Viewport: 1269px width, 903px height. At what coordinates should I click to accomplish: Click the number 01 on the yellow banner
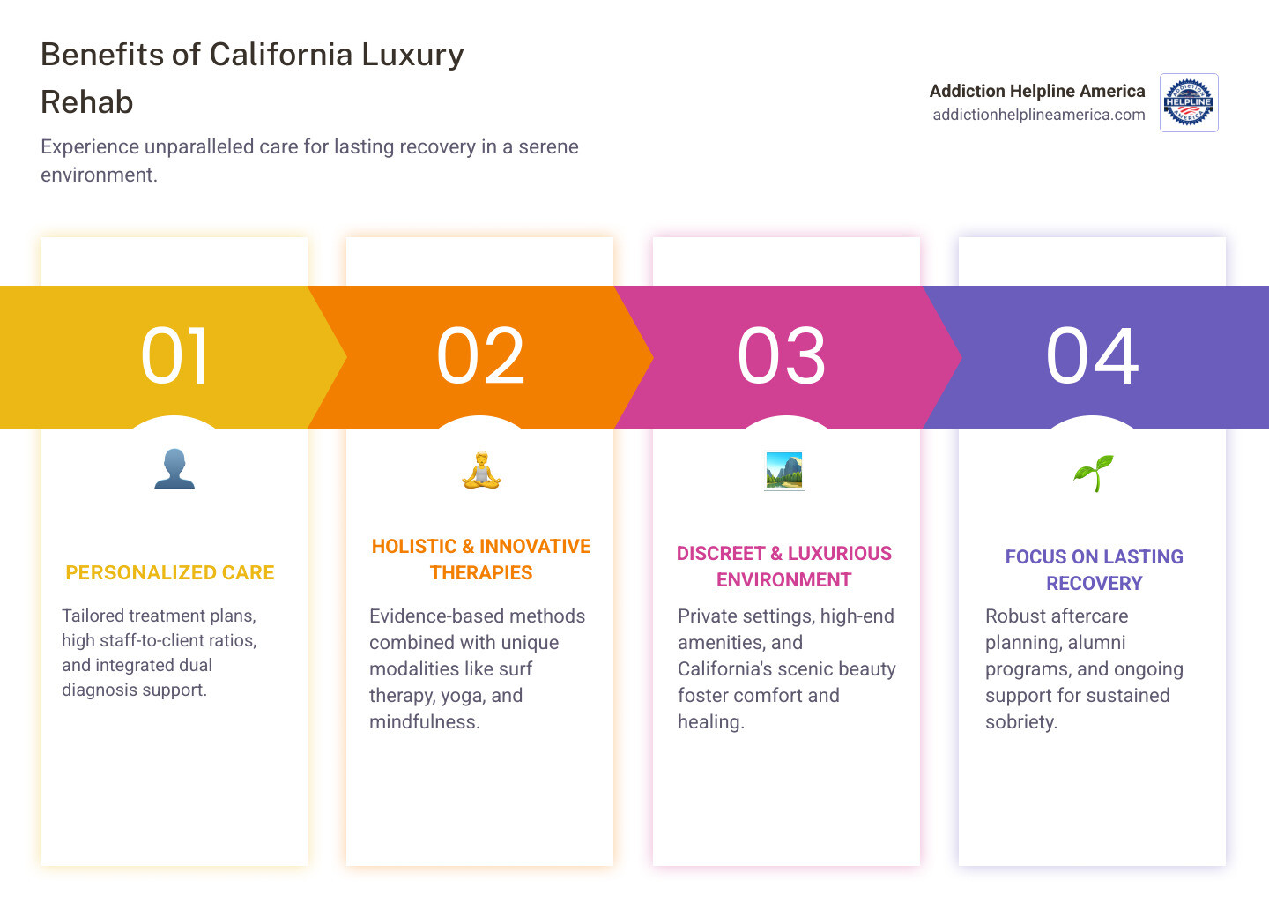(x=174, y=356)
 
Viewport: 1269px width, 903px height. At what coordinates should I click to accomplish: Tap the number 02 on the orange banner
(x=480, y=356)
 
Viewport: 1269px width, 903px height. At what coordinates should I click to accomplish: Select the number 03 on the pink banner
(x=782, y=356)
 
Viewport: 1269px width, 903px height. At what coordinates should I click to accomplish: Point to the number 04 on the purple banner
(x=1092, y=356)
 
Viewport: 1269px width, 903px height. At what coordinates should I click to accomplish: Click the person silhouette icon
(x=174, y=469)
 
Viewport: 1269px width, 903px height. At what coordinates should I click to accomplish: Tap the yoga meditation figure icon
(x=481, y=470)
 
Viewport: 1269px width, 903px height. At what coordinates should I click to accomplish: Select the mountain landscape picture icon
(x=784, y=471)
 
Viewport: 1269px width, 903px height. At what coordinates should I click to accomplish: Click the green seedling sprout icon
(x=1093, y=473)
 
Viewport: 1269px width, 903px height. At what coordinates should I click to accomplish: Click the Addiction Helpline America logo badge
(x=1189, y=102)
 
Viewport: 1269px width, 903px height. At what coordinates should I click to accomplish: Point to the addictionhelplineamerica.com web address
(x=1038, y=115)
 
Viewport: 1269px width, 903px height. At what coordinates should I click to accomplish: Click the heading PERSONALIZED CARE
(x=170, y=573)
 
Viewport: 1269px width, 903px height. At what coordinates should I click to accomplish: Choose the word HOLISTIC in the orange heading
(x=414, y=547)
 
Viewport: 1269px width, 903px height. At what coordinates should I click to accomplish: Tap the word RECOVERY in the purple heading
(x=1094, y=584)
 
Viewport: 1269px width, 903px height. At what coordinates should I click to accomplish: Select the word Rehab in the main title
(x=87, y=102)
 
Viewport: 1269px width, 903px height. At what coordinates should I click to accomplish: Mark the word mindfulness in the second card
(x=424, y=722)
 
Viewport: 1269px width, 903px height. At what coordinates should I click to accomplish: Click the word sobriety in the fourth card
(x=1020, y=722)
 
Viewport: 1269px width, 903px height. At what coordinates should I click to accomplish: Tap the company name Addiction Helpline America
(x=1037, y=91)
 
